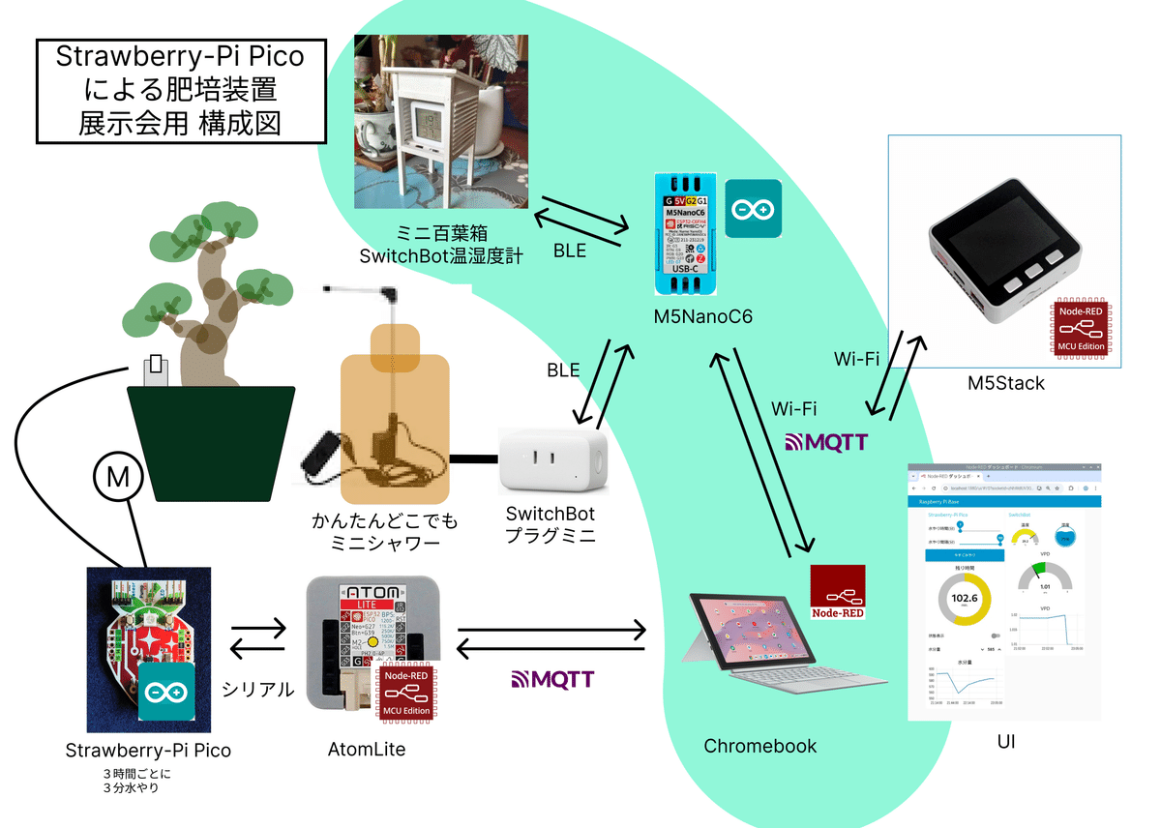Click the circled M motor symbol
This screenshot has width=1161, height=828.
point(118,477)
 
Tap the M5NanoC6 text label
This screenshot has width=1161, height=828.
point(702,315)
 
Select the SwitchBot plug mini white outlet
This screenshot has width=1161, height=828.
point(552,462)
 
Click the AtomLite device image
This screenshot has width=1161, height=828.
point(372,642)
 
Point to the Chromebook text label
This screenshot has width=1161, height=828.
point(759,746)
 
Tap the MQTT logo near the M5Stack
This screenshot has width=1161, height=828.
point(825,442)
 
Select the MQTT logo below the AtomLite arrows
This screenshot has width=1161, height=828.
point(551,678)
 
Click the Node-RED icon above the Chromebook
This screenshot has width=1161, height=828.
point(838,592)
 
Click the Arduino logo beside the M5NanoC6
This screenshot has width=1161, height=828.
point(753,209)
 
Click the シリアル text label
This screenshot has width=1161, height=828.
point(257,689)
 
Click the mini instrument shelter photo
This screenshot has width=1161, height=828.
point(441,121)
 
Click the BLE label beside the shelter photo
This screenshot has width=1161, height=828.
point(569,251)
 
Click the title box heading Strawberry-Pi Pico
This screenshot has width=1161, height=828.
point(180,91)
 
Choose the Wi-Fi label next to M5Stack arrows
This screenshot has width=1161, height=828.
point(856,359)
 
